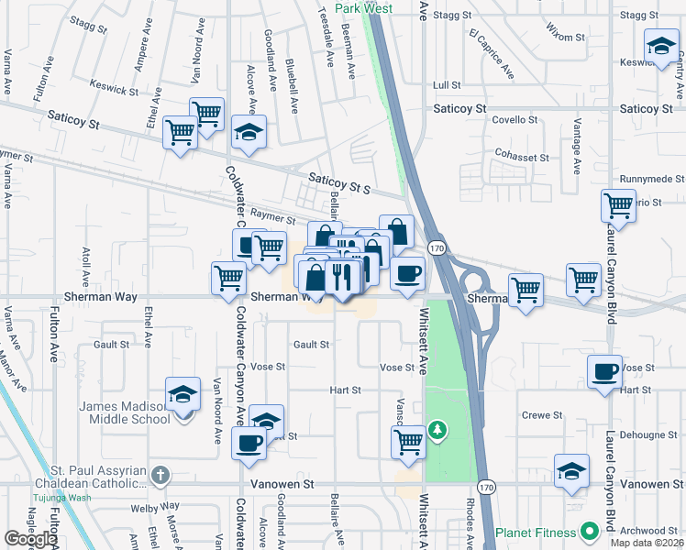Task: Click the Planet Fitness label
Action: [536, 532]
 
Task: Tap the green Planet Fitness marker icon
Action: [588, 531]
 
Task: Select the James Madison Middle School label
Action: [125, 412]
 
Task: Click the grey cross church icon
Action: [160, 475]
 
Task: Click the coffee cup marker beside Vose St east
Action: [604, 372]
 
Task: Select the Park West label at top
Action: [363, 8]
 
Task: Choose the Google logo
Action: [30, 539]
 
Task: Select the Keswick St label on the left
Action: [115, 92]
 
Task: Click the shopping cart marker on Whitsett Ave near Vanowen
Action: [408, 442]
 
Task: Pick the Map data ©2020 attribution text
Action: [646, 543]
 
